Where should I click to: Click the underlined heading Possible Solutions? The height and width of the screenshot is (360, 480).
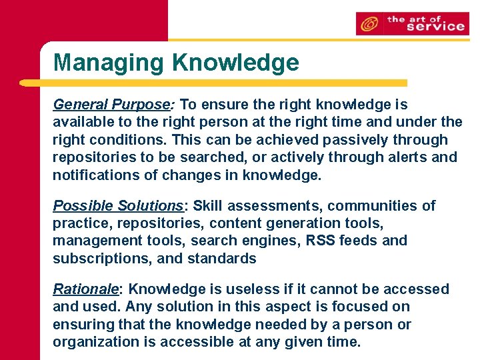coord(117,205)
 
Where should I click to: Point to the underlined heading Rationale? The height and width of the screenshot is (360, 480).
coord(85,289)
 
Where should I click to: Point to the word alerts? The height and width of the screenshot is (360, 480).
coord(400,157)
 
